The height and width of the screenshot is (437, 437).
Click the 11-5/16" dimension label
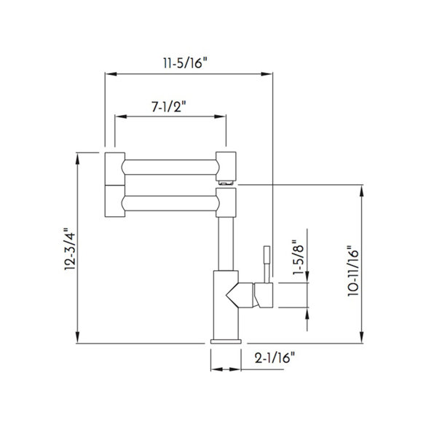click(x=185, y=63)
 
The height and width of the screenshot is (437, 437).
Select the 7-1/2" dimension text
click(x=169, y=106)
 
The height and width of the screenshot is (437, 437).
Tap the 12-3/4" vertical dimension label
click(x=70, y=249)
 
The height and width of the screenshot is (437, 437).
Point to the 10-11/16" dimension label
click(x=353, y=271)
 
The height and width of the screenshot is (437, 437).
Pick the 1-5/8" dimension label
click(x=298, y=257)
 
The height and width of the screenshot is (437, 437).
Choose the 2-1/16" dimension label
click(x=275, y=358)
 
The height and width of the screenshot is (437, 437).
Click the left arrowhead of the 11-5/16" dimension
click(x=111, y=74)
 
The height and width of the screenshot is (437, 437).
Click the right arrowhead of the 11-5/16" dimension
click(x=267, y=74)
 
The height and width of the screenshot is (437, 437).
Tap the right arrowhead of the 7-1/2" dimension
click(x=220, y=117)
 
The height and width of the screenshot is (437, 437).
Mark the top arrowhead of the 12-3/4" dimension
click(x=78, y=158)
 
